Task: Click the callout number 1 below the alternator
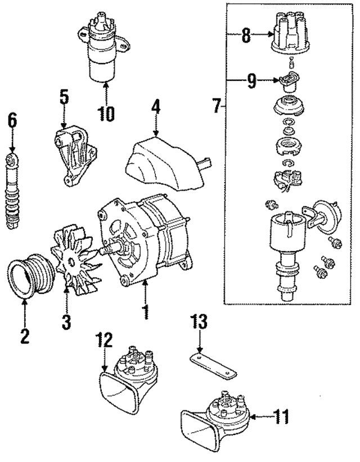[145, 311]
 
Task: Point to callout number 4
[155, 107]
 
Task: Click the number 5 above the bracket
[64, 97]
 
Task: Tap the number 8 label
[246, 38]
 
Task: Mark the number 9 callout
[251, 81]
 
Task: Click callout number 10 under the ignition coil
[105, 114]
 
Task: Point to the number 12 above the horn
[104, 341]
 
